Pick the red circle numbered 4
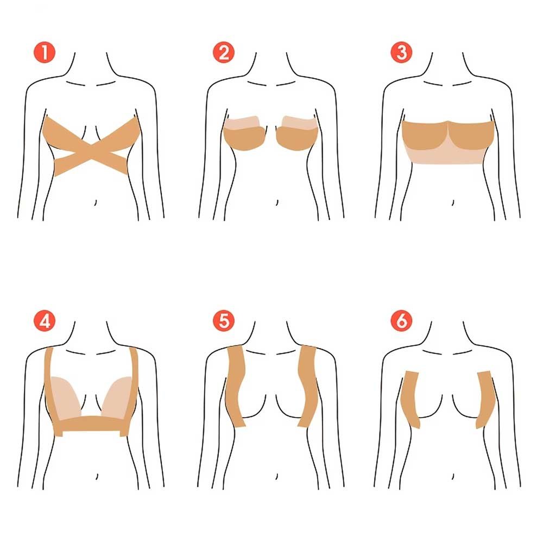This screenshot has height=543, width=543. [45, 321]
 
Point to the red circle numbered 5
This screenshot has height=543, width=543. [224, 321]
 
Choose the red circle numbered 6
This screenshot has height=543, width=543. [401, 321]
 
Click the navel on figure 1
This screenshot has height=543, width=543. [96, 202]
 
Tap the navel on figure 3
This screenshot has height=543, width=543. [453, 202]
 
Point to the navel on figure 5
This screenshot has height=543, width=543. [277, 477]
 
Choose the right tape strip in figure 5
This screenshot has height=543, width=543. [307, 386]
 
